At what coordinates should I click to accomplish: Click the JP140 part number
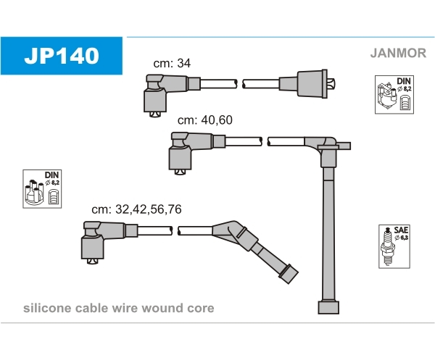(62, 56)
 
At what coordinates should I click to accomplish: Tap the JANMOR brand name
(398, 53)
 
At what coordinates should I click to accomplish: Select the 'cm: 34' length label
(172, 63)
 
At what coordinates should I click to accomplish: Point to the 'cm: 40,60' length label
(205, 120)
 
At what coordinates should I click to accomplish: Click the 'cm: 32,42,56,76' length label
(136, 209)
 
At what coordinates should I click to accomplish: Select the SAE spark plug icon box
(394, 246)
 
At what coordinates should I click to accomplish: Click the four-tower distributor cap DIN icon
(42, 189)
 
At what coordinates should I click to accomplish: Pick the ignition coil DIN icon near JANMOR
(394, 94)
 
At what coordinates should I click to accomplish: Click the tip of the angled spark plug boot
(289, 275)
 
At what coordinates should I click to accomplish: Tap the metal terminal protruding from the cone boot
(331, 83)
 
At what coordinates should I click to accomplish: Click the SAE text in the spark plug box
(401, 230)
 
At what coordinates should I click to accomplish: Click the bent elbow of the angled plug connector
(232, 229)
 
